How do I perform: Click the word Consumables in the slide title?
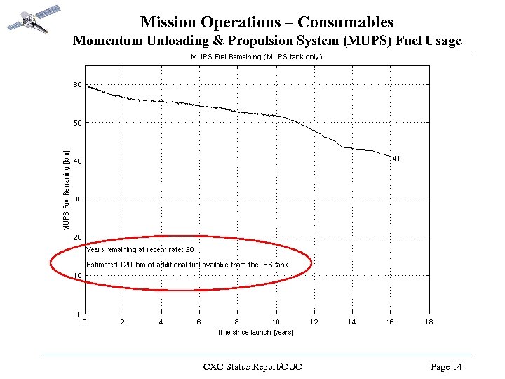tap(349, 23)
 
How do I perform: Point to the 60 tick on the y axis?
tap(77, 85)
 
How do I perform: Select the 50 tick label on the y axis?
tap(77, 123)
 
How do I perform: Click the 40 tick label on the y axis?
tap(77, 161)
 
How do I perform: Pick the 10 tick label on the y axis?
tap(77, 276)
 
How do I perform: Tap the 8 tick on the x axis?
tap(237, 322)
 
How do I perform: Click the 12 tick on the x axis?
tap(314, 322)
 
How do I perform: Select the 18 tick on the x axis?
tap(429, 322)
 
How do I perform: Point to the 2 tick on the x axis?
tap(122, 322)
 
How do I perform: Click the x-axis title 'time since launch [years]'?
tap(255, 332)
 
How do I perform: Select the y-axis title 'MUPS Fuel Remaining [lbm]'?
tap(67, 189)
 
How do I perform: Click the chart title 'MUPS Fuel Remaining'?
tap(257, 57)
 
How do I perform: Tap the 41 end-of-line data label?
tap(396, 159)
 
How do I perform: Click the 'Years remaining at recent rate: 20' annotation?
tap(140, 249)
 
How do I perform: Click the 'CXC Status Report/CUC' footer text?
tap(252, 367)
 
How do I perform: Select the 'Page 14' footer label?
tap(447, 367)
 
